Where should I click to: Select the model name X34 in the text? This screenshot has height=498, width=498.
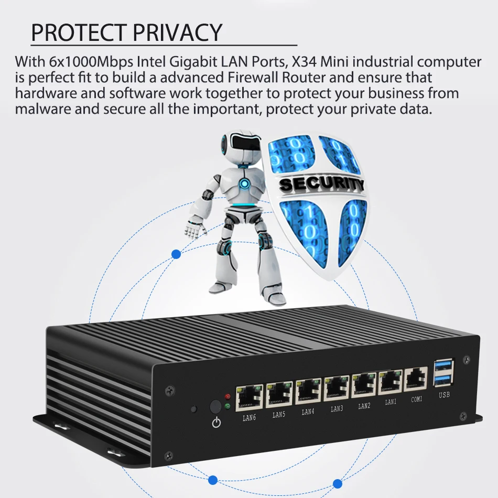(303, 61)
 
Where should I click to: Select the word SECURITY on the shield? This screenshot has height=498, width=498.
(321, 183)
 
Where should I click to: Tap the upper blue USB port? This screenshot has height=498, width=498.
(443, 365)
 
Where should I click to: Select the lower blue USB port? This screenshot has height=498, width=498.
(443, 378)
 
